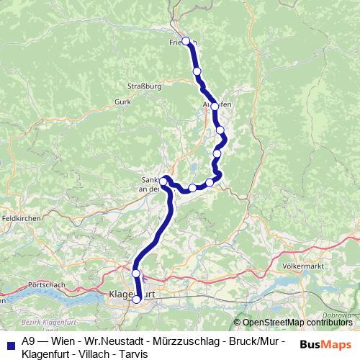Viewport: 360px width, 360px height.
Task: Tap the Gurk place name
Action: point(122,102)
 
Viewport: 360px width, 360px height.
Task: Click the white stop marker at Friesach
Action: point(186,41)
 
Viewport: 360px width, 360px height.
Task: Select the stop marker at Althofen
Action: point(215,107)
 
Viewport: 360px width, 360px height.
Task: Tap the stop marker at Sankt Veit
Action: point(165,179)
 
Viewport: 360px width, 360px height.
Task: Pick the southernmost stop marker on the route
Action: point(137,300)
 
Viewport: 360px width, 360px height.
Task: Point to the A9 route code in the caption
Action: point(28,341)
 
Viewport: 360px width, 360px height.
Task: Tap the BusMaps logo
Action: point(321,344)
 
